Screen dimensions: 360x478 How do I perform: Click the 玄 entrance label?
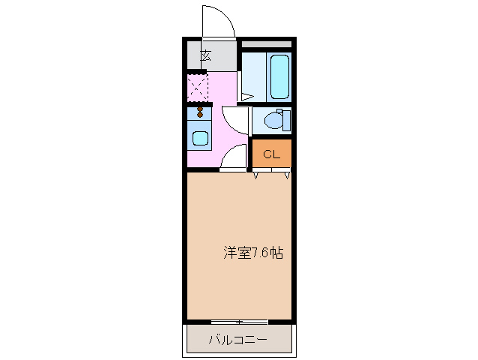click(205, 55)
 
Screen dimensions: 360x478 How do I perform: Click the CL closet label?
click(271, 155)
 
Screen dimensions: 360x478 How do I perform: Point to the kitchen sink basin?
click(200, 138)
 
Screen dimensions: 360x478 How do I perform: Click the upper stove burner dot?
click(200, 109)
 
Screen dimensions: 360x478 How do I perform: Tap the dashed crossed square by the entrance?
click(197, 88)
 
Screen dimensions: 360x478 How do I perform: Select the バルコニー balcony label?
click(237, 340)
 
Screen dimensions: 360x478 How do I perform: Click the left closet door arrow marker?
click(257, 176)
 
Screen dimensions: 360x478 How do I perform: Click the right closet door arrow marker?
click(287, 176)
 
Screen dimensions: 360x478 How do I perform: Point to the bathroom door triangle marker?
click(246, 95)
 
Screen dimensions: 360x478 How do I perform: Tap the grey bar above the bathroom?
click(266, 44)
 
